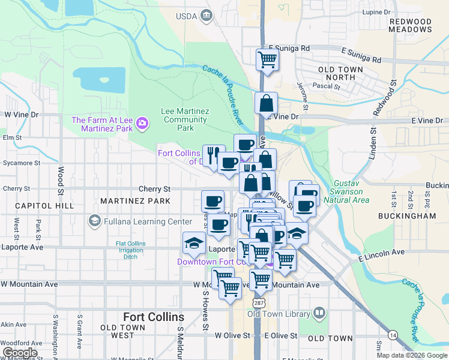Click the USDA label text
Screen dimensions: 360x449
tap(187, 16)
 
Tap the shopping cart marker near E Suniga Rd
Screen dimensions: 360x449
tap(267, 59)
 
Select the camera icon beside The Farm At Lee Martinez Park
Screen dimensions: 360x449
tap(142, 124)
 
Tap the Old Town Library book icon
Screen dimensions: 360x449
tap(319, 313)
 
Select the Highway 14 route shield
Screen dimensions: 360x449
tap(392, 334)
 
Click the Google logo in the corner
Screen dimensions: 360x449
tap(20, 353)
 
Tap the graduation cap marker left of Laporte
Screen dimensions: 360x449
tap(193, 242)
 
